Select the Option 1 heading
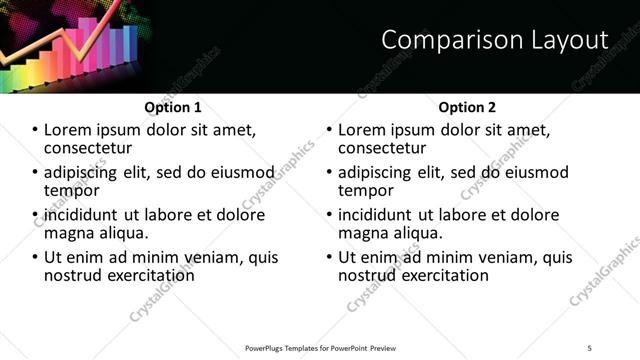[x=172, y=106]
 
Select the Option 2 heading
[x=467, y=106]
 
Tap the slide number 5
[x=590, y=347]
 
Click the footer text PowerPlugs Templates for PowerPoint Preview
[x=320, y=347]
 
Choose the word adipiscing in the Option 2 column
[x=379, y=173]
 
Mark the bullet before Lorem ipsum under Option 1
[x=36, y=131]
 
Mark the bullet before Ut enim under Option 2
[x=330, y=258]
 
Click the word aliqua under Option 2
[x=418, y=233]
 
